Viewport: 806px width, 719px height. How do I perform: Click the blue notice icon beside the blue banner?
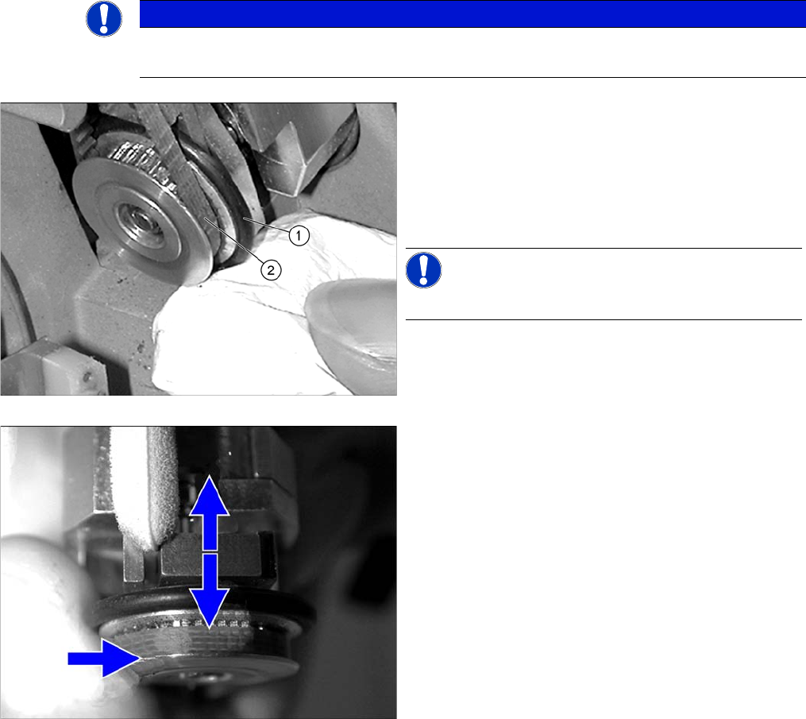tap(104, 19)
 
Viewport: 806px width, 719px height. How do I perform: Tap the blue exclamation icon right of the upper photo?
tap(423, 270)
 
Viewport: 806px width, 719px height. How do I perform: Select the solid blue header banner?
tap(472, 14)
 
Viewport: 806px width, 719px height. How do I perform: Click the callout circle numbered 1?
tap(299, 235)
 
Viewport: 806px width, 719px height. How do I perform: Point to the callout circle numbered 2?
tap(271, 270)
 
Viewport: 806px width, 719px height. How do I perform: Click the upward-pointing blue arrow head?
tap(209, 495)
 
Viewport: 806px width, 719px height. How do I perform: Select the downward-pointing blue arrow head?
tap(209, 609)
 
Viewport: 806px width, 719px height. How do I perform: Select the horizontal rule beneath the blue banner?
tap(472, 78)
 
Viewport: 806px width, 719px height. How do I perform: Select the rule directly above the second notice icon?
tap(604, 248)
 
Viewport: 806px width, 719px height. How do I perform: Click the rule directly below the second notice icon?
tap(604, 319)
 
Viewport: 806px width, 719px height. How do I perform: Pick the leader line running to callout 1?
tap(266, 226)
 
